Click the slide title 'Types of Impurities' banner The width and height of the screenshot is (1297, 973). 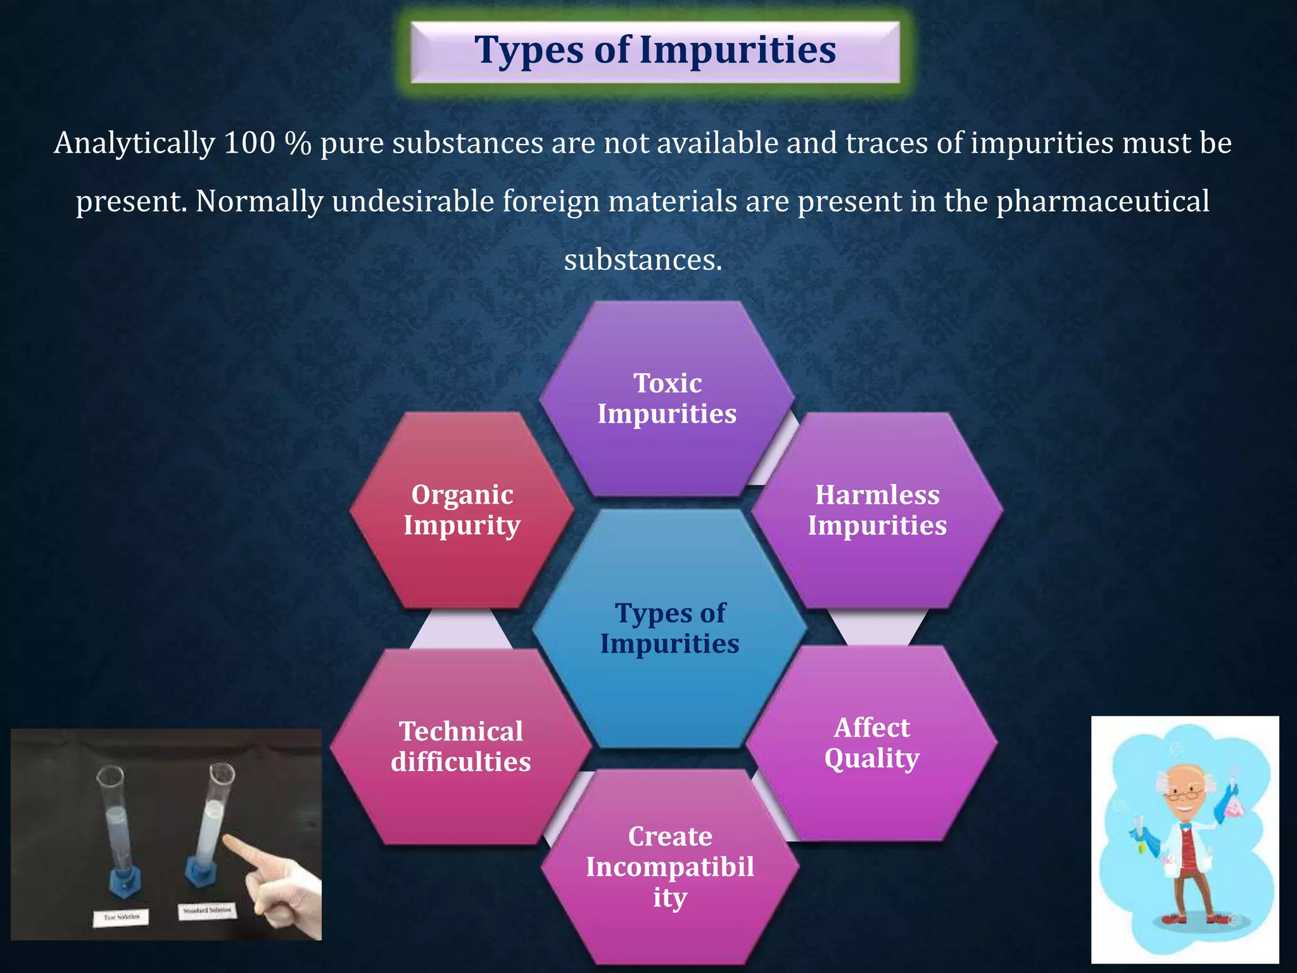655,51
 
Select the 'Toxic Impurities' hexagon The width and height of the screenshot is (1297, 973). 667,398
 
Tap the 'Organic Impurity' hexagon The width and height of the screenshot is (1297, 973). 462,510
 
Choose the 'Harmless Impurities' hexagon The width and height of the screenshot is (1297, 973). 877,510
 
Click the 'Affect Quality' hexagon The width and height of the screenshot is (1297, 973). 871,742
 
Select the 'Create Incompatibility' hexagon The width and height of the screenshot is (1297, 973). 669,866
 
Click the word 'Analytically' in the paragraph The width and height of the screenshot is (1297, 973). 134,143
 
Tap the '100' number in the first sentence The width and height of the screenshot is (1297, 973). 250,143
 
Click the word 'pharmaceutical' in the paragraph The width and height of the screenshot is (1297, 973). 1103,201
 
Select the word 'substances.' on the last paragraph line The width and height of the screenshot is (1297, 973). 643,260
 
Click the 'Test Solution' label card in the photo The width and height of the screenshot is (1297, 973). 122,916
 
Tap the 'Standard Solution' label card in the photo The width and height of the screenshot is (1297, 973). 206,911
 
